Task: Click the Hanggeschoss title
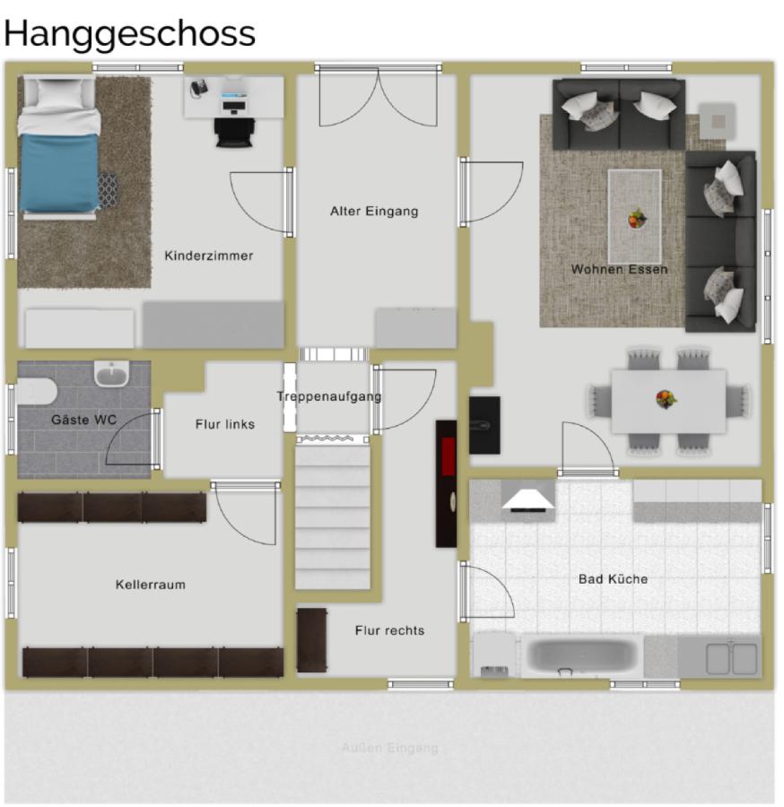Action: coord(130,33)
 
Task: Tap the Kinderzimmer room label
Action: coord(209,256)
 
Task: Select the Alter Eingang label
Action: coord(374,212)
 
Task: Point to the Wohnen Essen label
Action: coord(619,269)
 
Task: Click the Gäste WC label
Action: coord(83,420)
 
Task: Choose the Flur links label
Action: coord(225,424)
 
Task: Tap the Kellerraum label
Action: coord(151,585)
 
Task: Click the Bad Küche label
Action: coord(613,579)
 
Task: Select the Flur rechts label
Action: coord(389,630)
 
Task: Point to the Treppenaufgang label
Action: coord(329,396)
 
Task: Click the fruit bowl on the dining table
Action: coord(666,398)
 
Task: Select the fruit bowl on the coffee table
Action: coord(637,218)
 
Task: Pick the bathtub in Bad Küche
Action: coord(582,655)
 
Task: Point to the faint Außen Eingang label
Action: coord(389,747)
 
